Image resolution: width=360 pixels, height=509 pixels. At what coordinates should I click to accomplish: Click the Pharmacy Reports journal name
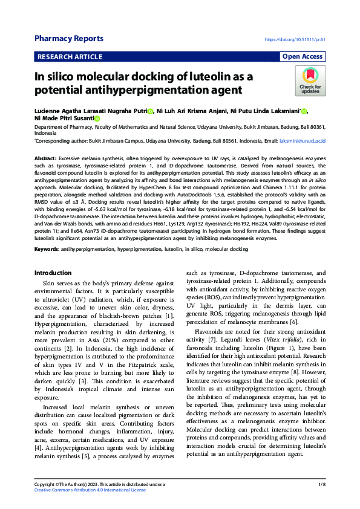tap(68, 39)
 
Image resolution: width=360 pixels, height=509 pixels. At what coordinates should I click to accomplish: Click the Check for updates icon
tap(310, 82)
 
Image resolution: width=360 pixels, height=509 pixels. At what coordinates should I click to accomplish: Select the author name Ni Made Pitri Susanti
tap(64, 118)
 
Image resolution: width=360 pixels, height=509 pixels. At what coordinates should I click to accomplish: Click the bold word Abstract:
tap(46, 157)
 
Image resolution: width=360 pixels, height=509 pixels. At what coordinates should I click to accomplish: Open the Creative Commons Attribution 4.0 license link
tap(90, 490)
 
